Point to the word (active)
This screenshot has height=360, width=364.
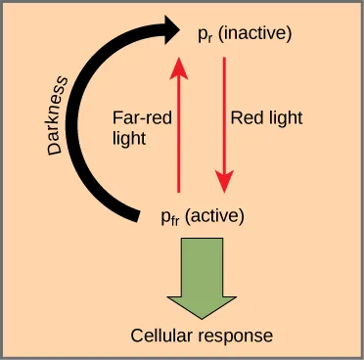[x=215, y=214]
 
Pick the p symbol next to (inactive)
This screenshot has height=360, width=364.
[x=201, y=38]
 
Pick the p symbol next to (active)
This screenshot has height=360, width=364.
[x=165, y=215]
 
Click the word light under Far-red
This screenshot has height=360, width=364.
[x=129, y=138]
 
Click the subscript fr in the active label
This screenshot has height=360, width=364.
[x=176, y=218]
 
